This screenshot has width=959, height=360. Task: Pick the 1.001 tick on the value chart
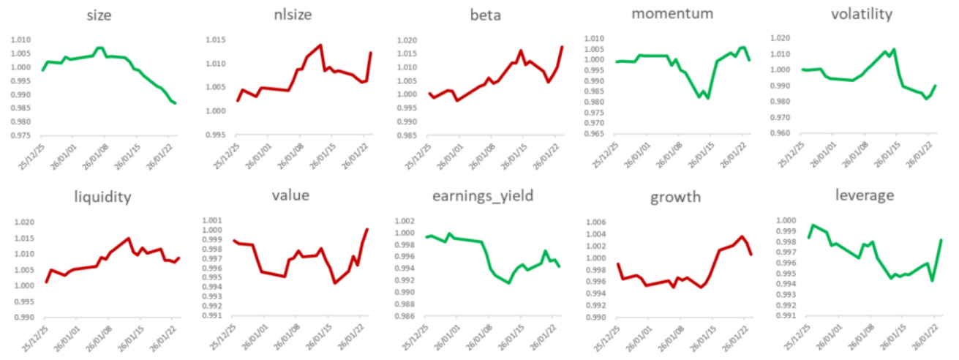(x=212, y=220)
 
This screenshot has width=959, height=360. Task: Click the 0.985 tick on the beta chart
(x=404, y=135)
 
